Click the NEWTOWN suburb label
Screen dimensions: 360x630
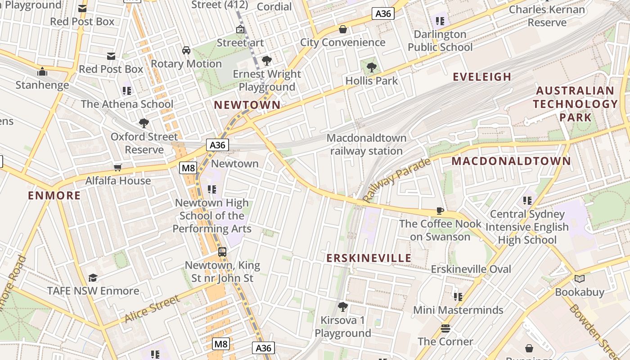(247, 105)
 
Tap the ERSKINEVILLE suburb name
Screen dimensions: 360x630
(369, 258)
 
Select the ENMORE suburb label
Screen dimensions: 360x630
(54, 195)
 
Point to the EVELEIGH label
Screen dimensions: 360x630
(482, 77)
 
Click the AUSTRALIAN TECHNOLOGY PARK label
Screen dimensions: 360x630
(575, 104)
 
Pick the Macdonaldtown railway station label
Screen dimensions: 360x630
(366, 144)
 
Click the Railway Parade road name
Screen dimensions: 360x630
(396, 180)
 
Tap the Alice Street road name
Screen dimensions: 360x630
(152, 309)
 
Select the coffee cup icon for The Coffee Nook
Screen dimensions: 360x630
(440, 211)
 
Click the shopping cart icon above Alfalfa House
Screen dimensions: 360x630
(118, 168)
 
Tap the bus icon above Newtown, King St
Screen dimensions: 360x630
(222, 252)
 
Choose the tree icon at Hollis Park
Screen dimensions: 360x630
(372, 67)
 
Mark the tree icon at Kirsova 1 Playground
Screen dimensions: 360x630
(343, 307)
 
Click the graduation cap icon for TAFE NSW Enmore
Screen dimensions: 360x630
(93, 278)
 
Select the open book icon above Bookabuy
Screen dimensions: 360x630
(580, 279)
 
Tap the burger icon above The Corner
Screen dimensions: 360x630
(445, 328)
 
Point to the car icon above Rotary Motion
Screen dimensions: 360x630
(186, 50)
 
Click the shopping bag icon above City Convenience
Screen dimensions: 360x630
(343, 29)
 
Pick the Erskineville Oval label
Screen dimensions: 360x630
(471, 269)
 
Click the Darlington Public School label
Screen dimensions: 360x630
(440, 40)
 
